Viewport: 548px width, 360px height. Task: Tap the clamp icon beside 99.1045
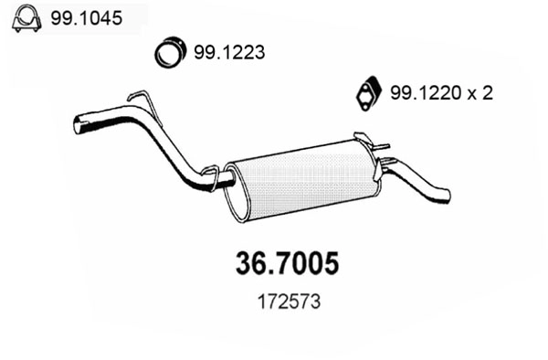(x=26, y=16)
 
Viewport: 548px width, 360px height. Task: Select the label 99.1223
(x=228, y=53)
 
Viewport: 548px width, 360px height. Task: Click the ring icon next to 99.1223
(x=169, y=53)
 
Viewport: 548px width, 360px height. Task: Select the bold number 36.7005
(x=275, y=263)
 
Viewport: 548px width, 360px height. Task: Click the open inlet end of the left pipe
(x=79, y=123)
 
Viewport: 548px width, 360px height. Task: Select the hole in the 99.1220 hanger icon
(x=366, y=93)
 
